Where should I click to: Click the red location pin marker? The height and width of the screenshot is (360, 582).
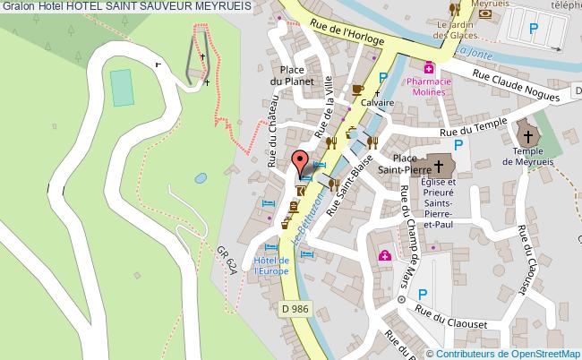299,163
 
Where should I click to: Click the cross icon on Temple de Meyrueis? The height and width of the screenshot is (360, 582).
528,136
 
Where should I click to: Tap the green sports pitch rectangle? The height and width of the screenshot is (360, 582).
120,86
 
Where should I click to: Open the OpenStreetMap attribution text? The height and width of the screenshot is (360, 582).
503,352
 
